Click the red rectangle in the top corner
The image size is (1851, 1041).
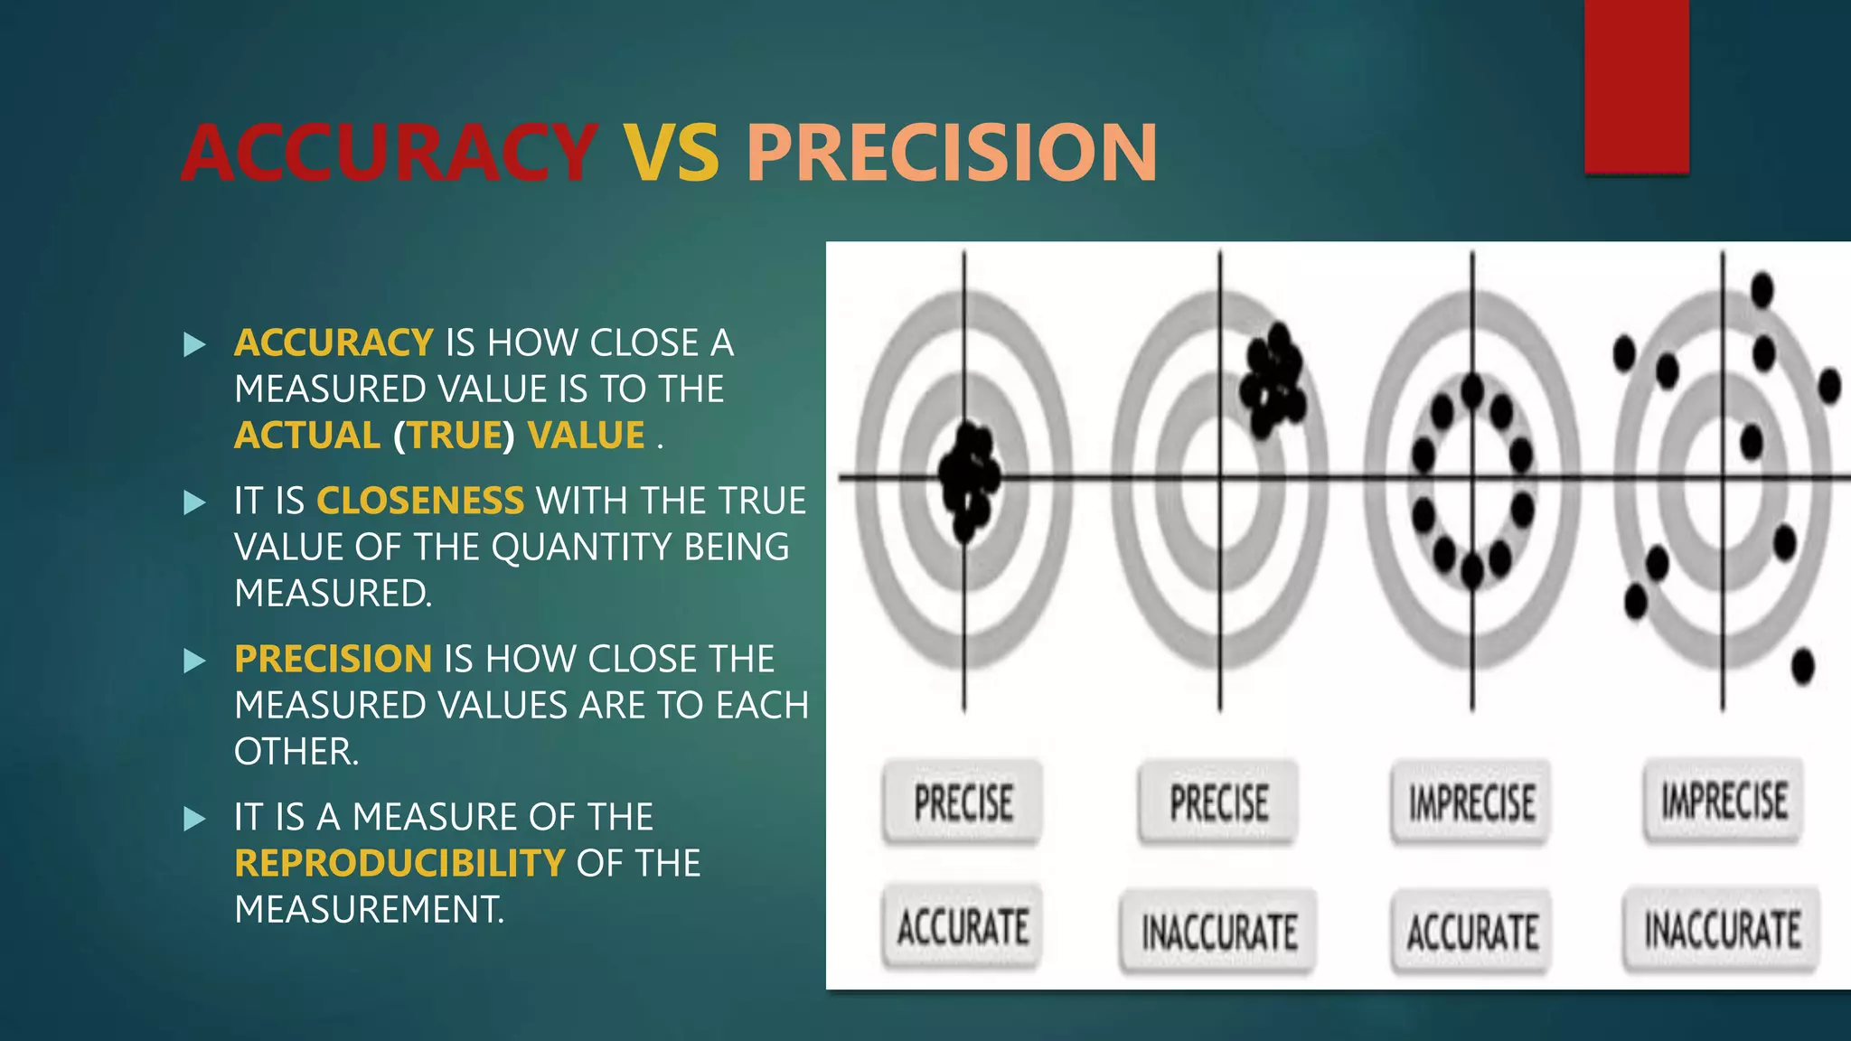1636,86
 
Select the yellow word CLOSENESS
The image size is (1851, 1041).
419,501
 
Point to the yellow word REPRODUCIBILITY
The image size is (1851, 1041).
399,863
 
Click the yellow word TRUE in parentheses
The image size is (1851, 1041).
454,436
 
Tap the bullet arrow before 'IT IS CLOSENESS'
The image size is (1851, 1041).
194,502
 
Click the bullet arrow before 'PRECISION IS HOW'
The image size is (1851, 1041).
194,661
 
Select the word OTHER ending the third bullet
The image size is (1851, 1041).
295,752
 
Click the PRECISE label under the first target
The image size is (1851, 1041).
963,802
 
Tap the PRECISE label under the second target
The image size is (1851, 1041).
1218,802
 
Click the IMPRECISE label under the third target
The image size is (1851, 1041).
1470,802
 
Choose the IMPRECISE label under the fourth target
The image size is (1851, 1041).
1724,801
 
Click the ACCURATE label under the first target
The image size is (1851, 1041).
963,928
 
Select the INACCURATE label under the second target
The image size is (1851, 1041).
1218,932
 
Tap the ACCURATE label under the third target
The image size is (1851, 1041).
1471,932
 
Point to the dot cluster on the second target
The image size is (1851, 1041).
1273,380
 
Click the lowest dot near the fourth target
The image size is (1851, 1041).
1802,667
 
